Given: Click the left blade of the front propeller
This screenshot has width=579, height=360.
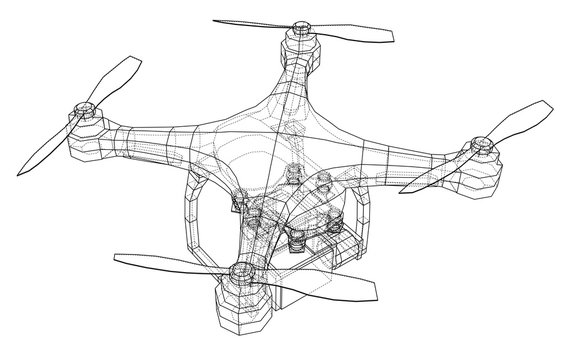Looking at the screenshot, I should [160, 262].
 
